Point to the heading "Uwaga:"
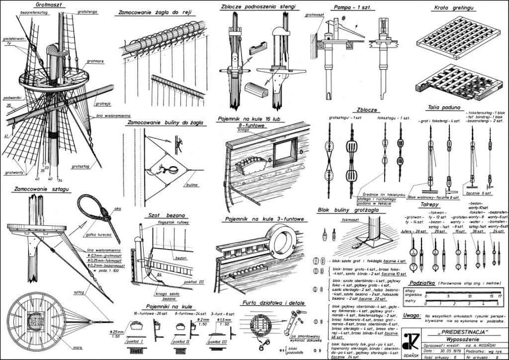point(413,315)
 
